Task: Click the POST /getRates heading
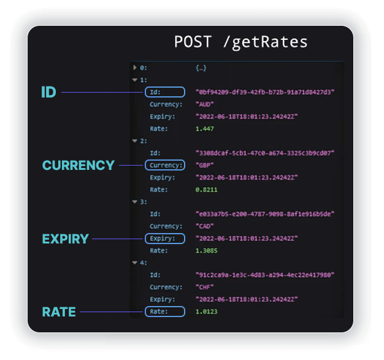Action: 240,42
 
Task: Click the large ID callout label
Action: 48,92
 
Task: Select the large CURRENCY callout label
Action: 78,166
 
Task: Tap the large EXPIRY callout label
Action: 65,239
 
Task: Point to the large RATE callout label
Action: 59,312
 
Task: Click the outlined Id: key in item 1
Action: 165,92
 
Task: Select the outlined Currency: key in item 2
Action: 165,165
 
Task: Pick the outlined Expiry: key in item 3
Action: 165,239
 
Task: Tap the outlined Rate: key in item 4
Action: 165,312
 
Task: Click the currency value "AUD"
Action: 204,104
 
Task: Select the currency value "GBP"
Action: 204,166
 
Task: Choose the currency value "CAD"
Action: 204,226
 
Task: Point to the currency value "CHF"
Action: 204,287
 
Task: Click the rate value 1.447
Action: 204,129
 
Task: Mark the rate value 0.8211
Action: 206,190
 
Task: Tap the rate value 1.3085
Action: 206,251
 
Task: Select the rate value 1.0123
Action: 206,312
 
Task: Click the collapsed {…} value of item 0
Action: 201,68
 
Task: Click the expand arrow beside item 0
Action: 135,67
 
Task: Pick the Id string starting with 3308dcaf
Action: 265,153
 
